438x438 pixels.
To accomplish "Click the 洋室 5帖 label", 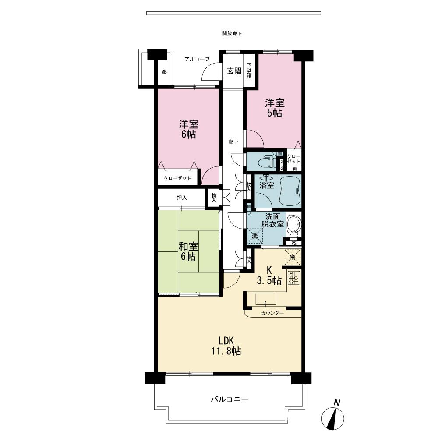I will coord(275,108).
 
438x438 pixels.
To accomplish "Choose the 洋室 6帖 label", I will coord(187,129).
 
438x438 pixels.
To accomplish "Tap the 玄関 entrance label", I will coord(234,71).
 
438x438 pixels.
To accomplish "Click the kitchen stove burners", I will coord(293,278).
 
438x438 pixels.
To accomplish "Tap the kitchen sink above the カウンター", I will coord(265,300).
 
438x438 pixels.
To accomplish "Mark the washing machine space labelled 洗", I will coord(255,236).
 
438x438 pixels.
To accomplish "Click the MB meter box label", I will coord(164,72).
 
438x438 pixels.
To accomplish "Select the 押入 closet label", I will coord(182,198).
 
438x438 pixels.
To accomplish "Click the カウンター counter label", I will coord(273,313).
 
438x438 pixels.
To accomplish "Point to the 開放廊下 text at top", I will coord(232,33).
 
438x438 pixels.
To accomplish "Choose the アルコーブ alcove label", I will coord(197,59).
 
